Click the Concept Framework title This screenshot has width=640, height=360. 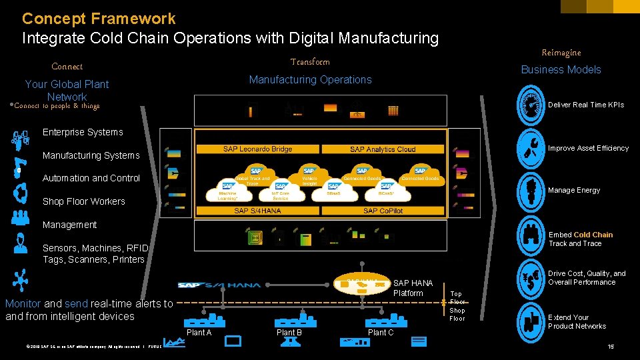[x=99, y=19]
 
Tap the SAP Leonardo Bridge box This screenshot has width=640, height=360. [x=257, y=149]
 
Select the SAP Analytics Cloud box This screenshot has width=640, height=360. [x=383, y=149]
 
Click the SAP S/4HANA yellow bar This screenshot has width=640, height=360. [x=257, y=211]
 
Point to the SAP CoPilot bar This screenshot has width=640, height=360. [x=383, y=211]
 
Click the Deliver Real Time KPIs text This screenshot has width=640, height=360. [x=585, y=105]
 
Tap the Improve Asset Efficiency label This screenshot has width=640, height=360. [x=588, y=148]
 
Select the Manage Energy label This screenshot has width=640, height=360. [x=574, y=190]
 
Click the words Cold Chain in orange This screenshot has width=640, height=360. [x=593, y=235]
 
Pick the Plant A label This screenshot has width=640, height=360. [x=199, y=333]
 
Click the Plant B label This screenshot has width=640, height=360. [x=289, y=333]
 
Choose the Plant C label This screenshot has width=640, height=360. [x=381, y=333]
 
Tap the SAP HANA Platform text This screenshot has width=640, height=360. [x=413, y=288]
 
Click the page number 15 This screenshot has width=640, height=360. [x=611, y=347]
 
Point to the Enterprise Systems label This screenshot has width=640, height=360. [x=83, y=132]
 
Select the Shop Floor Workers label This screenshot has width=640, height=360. [x=83, y=201]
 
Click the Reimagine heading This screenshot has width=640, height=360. [x=561, y=53]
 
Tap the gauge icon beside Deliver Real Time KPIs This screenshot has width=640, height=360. [x=531, y=105]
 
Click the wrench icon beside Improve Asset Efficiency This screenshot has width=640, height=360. [x=531, y=148]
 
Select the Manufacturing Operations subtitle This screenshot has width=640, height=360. [x=310, y=79]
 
